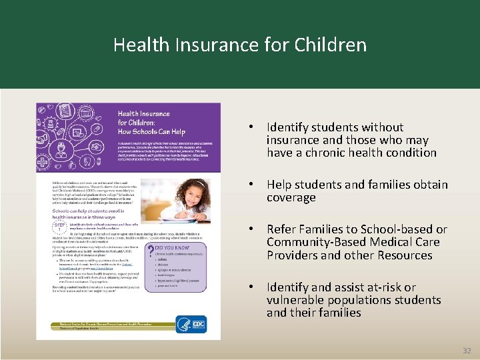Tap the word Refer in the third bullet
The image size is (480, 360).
pos(281,230)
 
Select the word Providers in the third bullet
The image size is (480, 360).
pos(291,255)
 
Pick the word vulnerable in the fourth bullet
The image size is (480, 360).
pos(296,300)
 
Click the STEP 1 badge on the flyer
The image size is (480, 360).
pos(59,227)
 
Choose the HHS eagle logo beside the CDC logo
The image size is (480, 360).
pos(183,324)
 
